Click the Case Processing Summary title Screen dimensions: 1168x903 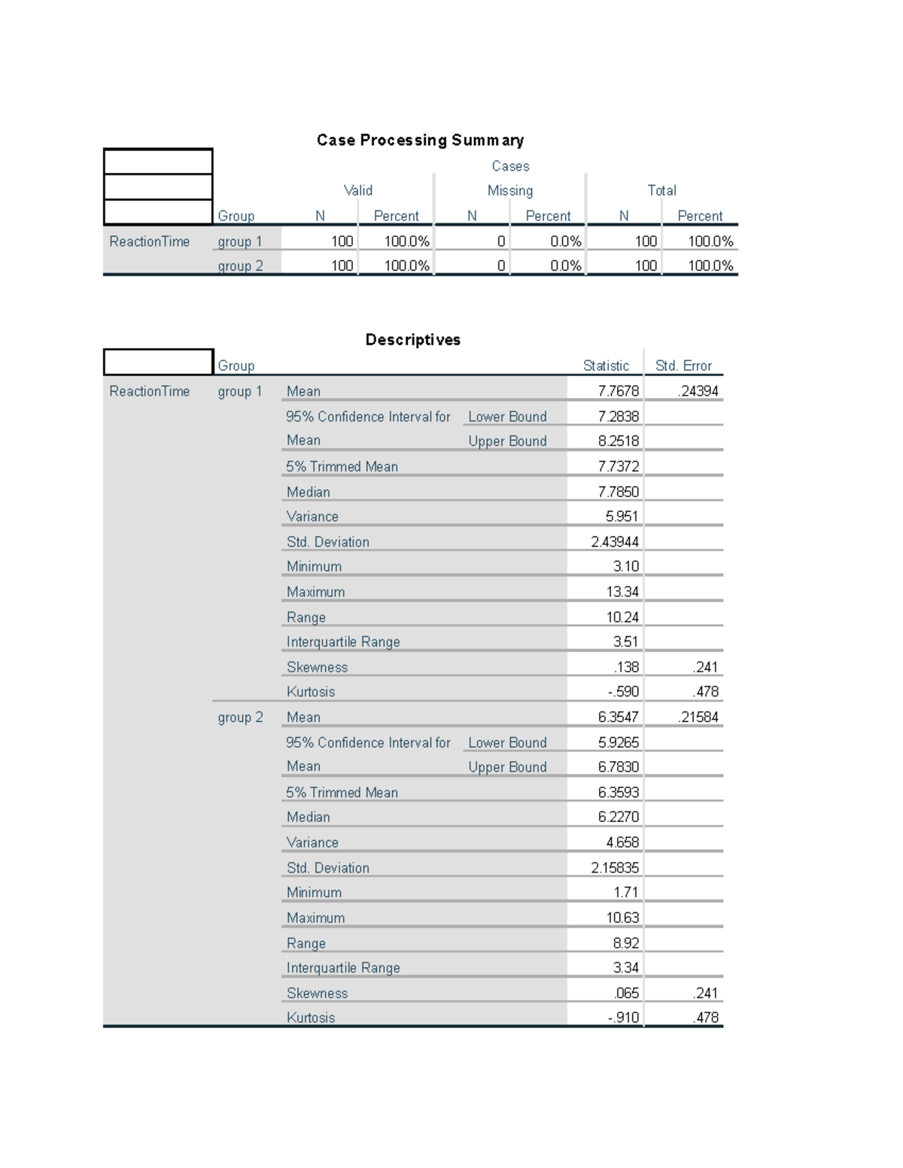(x=420, y=140)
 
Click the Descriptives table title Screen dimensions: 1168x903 (x=412, y=339)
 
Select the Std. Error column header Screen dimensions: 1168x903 (x=683, y=366)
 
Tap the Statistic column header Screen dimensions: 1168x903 (x=606, y=366)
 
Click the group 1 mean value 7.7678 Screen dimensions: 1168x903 (x=618, y=391)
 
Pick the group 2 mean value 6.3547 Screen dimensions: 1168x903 (x=618, y=717)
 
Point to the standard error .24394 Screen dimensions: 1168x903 (x=698, y=391)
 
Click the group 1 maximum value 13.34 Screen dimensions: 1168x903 (x=622, y=592)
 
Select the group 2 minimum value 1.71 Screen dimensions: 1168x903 (x=625, y=892)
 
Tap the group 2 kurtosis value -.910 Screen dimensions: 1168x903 (x=623, y=1018)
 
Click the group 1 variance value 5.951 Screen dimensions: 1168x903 (x=622, y=517)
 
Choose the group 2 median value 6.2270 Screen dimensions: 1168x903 (x=618, y=817)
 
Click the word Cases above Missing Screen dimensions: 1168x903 (x=510, y=166)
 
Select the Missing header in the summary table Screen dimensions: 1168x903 (x=509, y=191)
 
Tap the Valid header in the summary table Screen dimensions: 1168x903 (x=358, y=191)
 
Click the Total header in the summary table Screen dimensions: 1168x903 (x=661, y=191)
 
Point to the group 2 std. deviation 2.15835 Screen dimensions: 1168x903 (x=615, y=867)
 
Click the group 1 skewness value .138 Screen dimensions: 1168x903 (x=626, y=667)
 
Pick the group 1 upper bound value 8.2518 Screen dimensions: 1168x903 (x=618, y=441)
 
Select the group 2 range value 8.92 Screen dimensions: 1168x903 (x=625, y=942)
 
